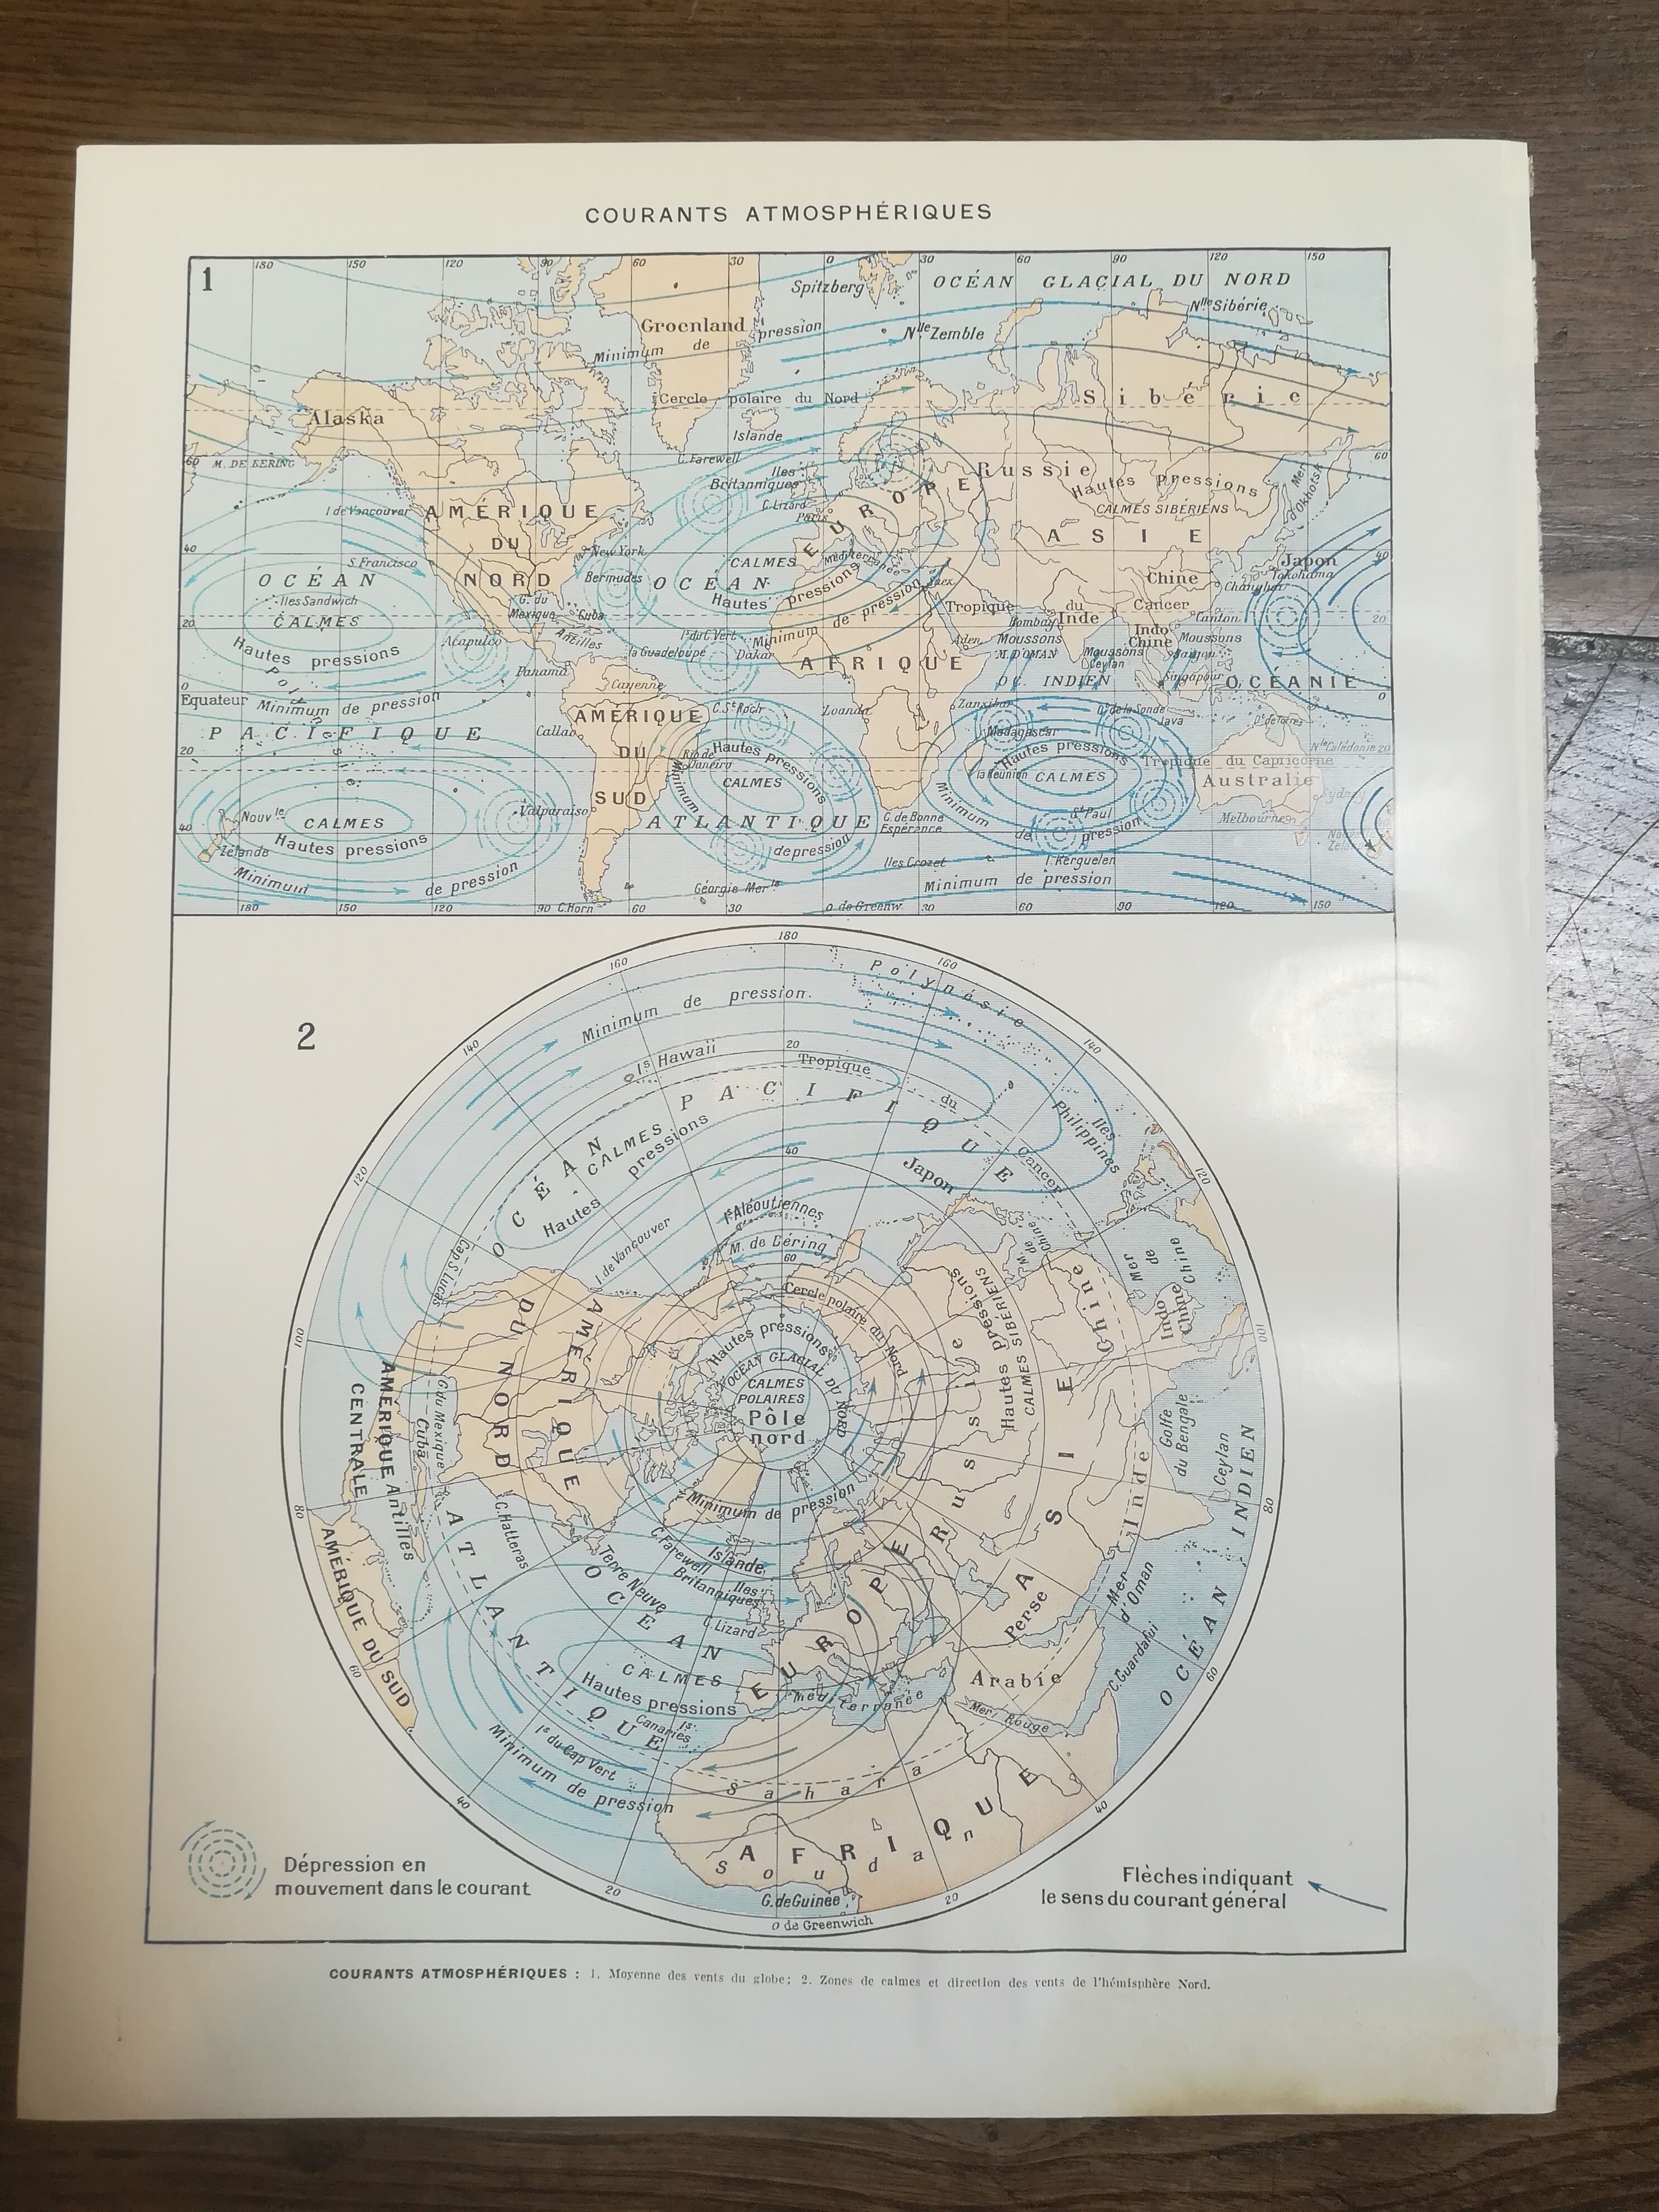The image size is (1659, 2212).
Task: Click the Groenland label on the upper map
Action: (693, 325)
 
